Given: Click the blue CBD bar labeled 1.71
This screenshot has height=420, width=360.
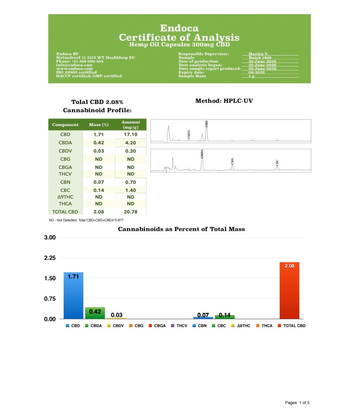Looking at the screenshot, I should coord(73,296).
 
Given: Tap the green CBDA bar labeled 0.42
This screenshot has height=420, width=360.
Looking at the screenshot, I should coord(95,313).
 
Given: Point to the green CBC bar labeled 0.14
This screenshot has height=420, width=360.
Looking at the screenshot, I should coord(224,317).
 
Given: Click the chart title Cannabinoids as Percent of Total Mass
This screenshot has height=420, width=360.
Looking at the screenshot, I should coord(181,229).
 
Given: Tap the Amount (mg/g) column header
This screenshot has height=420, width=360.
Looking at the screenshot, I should coord(130,124).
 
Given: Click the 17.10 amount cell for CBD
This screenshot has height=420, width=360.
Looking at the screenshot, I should coord(130,135).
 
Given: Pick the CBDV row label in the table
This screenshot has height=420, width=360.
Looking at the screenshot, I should coord(65,151).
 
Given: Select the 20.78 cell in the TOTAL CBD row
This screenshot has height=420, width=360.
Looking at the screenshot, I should coord(130,212).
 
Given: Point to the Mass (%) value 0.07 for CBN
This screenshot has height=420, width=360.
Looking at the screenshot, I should coord(98,182).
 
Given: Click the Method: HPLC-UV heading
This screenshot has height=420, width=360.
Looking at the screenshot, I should coord(224,101).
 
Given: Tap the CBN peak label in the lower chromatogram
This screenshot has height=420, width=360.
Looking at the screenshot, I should coord(232,161).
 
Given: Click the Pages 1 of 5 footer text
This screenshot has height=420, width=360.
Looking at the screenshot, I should coord(297,402).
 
